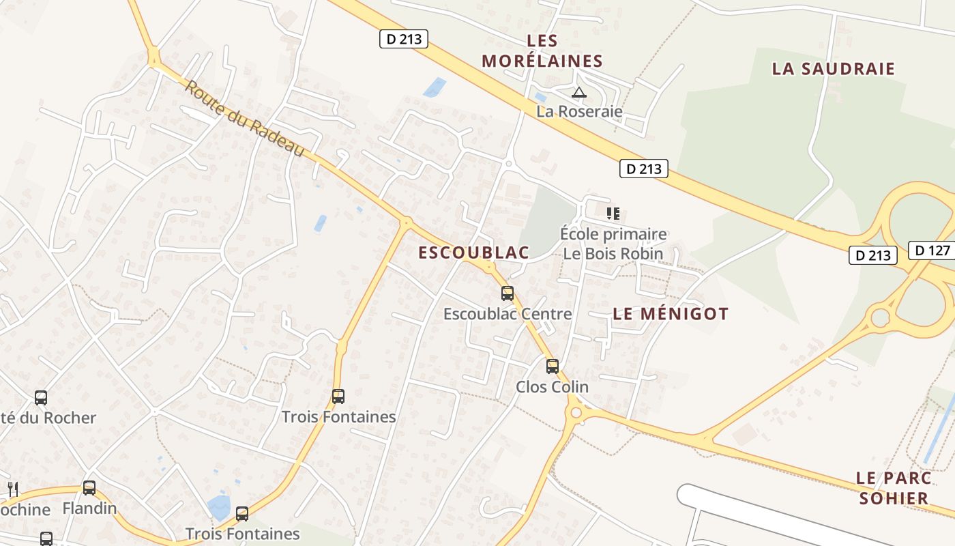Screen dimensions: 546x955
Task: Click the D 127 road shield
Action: (932, 250)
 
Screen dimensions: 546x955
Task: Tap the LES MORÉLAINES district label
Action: (542, 51)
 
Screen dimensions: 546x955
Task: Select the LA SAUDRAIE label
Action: (833, 69)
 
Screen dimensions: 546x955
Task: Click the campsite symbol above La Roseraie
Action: (579, 92)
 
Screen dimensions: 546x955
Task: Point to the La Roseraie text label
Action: (579, 111)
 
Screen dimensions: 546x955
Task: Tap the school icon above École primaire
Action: (613, 214)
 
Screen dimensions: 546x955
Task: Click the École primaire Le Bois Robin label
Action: (613, 244)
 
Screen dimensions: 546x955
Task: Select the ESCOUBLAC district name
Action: (473, 253)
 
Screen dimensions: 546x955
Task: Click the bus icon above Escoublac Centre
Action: (508, 293)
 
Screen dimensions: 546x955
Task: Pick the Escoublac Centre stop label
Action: (508, 314)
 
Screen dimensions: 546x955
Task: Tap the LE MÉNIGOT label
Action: (671, 314)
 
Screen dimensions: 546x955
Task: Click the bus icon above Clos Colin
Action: (553, 367)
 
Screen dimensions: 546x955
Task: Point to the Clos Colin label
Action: (552, 387)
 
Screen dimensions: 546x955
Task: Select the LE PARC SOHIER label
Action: (894, 488)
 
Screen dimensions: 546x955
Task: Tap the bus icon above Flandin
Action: (89, 488)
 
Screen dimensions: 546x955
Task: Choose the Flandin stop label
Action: (89, 508)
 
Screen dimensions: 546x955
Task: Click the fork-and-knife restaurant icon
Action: (12, 489)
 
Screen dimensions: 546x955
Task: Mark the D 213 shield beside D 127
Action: (873, 255)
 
